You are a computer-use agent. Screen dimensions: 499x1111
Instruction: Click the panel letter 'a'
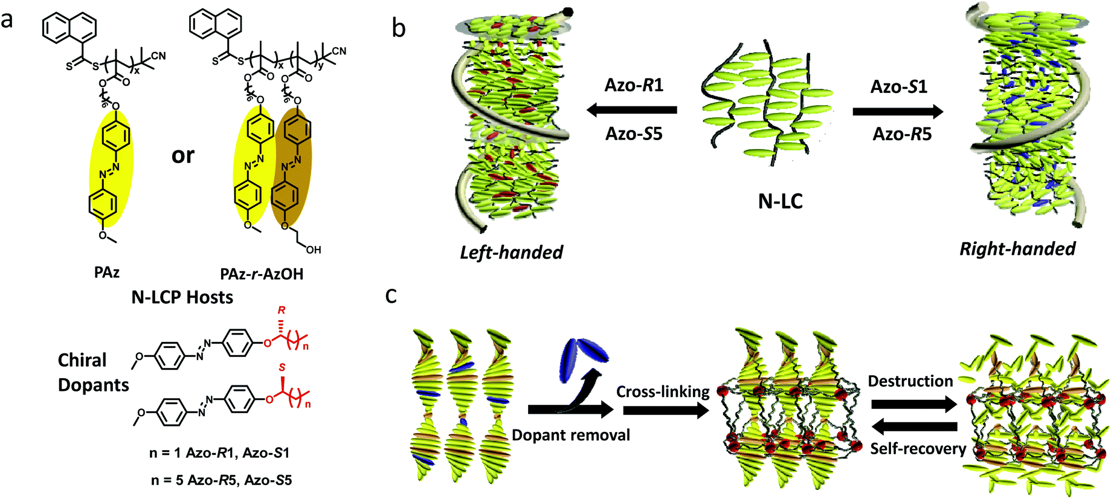coord(7,20)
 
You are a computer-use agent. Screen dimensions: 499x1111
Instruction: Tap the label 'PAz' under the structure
coord(106,272)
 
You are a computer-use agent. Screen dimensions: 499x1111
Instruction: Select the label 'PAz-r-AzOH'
coord(262,274)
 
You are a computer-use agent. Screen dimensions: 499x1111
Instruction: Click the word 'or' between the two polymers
coord(182,155)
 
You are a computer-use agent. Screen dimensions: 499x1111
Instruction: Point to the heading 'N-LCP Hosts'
coord(182,297)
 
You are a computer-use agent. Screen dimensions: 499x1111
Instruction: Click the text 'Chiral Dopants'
coord(93,372)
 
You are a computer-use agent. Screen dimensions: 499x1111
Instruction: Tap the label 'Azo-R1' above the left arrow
coord(634,85)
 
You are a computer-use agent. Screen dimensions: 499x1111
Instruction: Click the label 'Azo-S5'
coord(634,134)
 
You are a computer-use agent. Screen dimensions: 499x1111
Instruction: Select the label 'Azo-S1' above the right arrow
coord(898,87)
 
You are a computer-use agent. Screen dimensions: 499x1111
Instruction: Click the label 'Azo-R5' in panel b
coord(901,134)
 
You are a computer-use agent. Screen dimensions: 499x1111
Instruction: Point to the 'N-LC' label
coord(780,201)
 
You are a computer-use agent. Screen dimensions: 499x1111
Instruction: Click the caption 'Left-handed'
coord(511,252)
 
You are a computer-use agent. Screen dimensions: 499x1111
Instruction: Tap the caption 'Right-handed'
coord(1017,248)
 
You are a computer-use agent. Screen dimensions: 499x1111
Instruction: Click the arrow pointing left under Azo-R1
coord(631,110)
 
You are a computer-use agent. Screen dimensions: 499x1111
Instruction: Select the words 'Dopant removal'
coord(570,435)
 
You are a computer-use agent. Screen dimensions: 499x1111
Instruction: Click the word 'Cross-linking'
coord(663,391)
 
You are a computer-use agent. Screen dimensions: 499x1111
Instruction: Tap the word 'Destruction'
coord(910,381)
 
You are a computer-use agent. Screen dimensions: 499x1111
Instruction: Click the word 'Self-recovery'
coord(918,449)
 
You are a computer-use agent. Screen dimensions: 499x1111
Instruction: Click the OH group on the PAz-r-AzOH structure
coord(313,249)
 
